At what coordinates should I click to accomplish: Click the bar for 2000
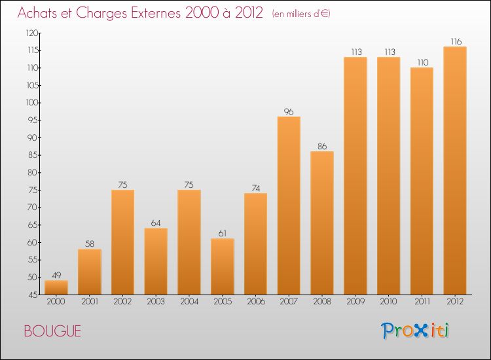[56, 287]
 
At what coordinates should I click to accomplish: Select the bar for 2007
[289, 206]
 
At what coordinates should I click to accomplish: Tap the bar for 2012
[455, 170]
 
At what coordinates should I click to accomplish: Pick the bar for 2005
[223, 266]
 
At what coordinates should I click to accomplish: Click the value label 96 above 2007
[289, 111]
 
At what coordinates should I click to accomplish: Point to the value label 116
[455, 41]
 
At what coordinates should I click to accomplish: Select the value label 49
[56, 276]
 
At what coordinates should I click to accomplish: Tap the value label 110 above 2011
[422, 62]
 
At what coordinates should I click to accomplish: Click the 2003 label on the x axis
[156, 302]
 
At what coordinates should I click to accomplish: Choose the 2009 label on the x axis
[355, 302]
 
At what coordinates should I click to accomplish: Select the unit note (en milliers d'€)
[301, 13]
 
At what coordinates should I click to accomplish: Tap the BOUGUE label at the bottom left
[52, 331]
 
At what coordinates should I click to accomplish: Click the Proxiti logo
[416, 331]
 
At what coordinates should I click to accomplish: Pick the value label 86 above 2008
[322, 146]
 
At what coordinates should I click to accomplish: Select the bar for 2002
[122, 242]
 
